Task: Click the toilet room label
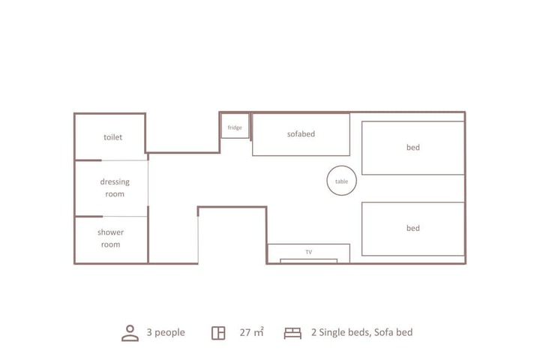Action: tap(113, 137)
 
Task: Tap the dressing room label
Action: tap(115, 187)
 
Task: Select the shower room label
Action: tap(110, 238)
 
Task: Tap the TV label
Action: tap(308, 252)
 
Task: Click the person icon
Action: tap(130, 333)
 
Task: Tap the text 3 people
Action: tap(166, 332)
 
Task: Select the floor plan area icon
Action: tap(218, 333)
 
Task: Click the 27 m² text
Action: tap(252, 332)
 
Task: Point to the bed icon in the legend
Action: tap(292, 333)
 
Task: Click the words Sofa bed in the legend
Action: tap(393, 332)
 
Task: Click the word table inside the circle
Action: tap(342, 181)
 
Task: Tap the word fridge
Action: tap(235, 127)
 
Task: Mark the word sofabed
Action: tap(301, 134)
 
